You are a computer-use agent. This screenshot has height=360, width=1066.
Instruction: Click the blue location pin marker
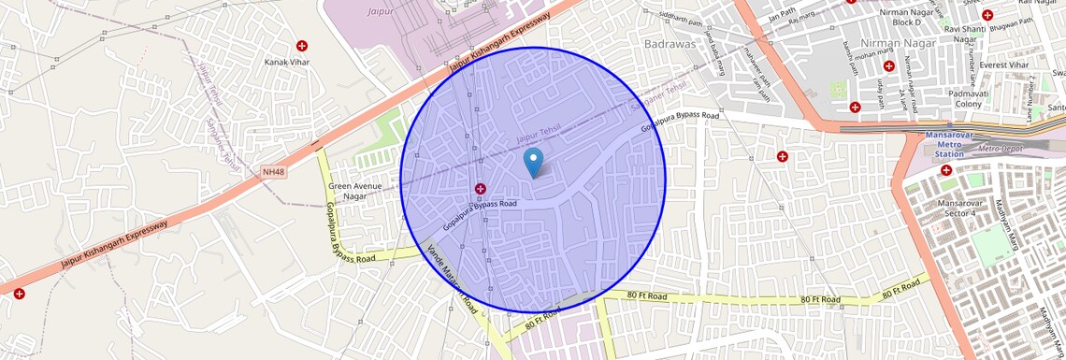pyautogui.click(x=534, y=163)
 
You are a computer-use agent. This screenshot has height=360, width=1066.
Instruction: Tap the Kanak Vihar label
pyautogui.click(x=286, y=62)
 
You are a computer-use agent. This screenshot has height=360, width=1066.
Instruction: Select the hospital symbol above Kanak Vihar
pyautogui.click(x=302, y=46)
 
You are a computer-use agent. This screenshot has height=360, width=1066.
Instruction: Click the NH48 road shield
pyautogui.click(x=273, y=172)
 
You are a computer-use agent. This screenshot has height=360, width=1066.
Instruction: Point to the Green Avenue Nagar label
pyautogui.click(x=353, y=191)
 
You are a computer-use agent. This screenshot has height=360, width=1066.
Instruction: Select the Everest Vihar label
pyautogui.click(x=1003, y=65)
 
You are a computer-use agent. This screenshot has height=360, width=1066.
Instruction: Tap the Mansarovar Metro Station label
pyautogui.click(x=949, y=146)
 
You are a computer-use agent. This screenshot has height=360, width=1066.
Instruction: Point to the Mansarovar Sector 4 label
pyautogui.click(x=949, y=208)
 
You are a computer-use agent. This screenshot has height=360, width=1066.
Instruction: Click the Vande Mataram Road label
pyautogui.click(x=453, y=279)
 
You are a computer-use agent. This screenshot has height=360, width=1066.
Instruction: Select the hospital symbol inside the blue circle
pyautogui.click(x=480, y=189)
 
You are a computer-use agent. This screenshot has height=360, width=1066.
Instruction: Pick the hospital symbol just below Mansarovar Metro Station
pyautogui.click(x=946, y=170)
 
